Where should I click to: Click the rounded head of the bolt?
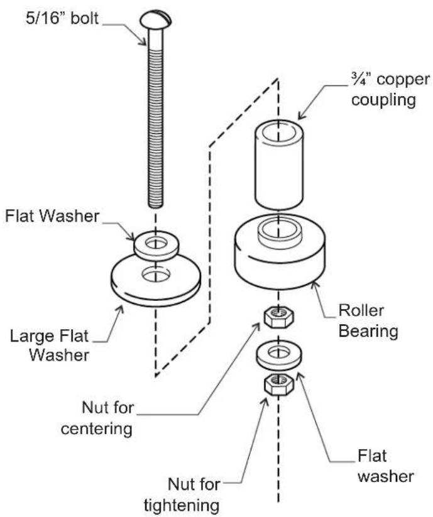click(x=156, y=19)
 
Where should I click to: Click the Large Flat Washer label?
click(x=50, y=346)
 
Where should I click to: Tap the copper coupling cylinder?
click(x=278, y=165)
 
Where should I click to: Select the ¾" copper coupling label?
click(x=390, y=90)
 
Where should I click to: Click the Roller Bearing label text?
click(x=368, y=320)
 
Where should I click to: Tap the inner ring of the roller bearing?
click(x=279, y=234)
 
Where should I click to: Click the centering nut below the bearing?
click(x=278, y=317)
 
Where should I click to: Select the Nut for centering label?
click(x=97, y=418)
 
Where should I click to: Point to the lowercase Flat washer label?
click(x=385, y=466)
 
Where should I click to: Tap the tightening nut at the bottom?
click(x=278, y=384)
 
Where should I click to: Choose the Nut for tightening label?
click(x=182, y=494)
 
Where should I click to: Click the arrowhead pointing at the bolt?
click(x=143, y=41)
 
